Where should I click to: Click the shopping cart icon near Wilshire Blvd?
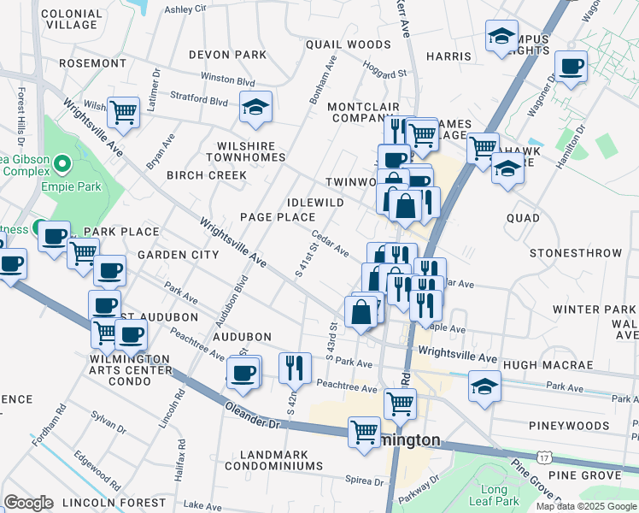click(x=124, y=111)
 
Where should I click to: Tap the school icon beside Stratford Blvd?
click(x=255, y=108)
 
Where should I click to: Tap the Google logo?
click(x=29, y=502)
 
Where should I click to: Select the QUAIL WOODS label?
click(x=348, y=44)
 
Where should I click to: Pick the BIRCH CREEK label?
click(x=206, y=175)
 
